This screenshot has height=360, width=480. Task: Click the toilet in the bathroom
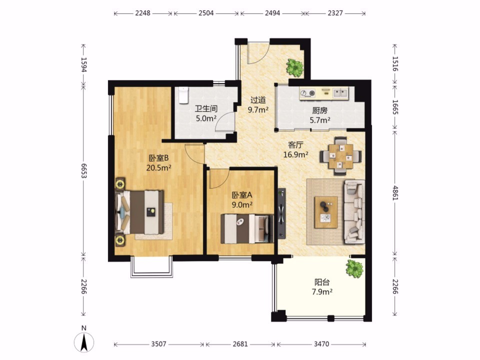click(183, 95)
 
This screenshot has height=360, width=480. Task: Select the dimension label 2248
click(142, 13)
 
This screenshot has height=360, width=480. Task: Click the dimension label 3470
click(321, 344)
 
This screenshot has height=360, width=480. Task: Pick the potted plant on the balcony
click(354, 269)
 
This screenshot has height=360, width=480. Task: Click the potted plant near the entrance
click(295, 67)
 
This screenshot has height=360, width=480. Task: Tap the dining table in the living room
click(340, 156)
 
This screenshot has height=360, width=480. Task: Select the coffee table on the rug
click(326, 212)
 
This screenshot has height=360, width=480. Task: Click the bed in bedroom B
click(139, 212)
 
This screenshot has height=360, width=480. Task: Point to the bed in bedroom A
click(247, 228)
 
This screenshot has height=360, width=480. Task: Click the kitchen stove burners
click(307, 93)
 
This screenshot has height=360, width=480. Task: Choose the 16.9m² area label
click(295, 154)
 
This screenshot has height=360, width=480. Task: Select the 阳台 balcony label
click(322, 282)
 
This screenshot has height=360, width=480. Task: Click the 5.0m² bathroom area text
click(206, 118)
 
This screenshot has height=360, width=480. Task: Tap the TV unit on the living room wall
click(281, 213)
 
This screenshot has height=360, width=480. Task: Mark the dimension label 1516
click(395, 63)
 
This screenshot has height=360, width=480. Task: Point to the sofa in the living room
click(354, 211)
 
